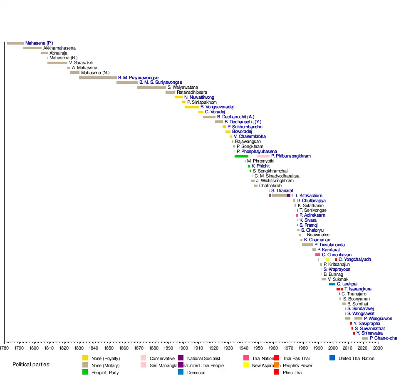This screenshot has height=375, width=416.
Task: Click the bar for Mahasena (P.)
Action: click(x=15, y=43)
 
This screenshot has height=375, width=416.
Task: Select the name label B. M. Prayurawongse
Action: click(x=138, y=77)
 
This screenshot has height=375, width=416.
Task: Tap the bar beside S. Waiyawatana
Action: click(x=151, y=87)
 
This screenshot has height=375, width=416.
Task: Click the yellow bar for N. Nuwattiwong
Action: click(x=178, y=97)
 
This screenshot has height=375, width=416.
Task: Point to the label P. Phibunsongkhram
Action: click(x=291, y=156)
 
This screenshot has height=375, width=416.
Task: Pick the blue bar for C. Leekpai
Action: click(x=332, y=284)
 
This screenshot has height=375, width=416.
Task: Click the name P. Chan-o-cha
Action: click(x=383, y=338)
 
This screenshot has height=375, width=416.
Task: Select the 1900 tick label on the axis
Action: click(x=183, y=347)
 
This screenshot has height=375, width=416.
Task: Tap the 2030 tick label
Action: click(x=378, y=347)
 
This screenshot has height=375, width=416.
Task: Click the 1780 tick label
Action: click(x=4, y=347)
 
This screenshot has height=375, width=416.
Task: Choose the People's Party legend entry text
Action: click(x=105, y=372)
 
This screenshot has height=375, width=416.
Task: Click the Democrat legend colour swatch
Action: click(x=181, y=372)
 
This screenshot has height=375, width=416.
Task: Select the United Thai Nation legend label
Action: click(x=356, y=358)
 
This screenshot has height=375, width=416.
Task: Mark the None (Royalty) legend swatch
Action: click(x=85, y=358)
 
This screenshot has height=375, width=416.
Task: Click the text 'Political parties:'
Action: click(x=32, y=365)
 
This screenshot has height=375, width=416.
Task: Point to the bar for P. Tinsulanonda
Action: click(x=307, y=245)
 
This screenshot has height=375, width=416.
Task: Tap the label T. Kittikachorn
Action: click(x=308, y=195)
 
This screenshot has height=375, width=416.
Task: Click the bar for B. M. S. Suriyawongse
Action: click(x=127, y=82)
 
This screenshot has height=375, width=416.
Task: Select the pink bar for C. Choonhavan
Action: click(x=318, y=255)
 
